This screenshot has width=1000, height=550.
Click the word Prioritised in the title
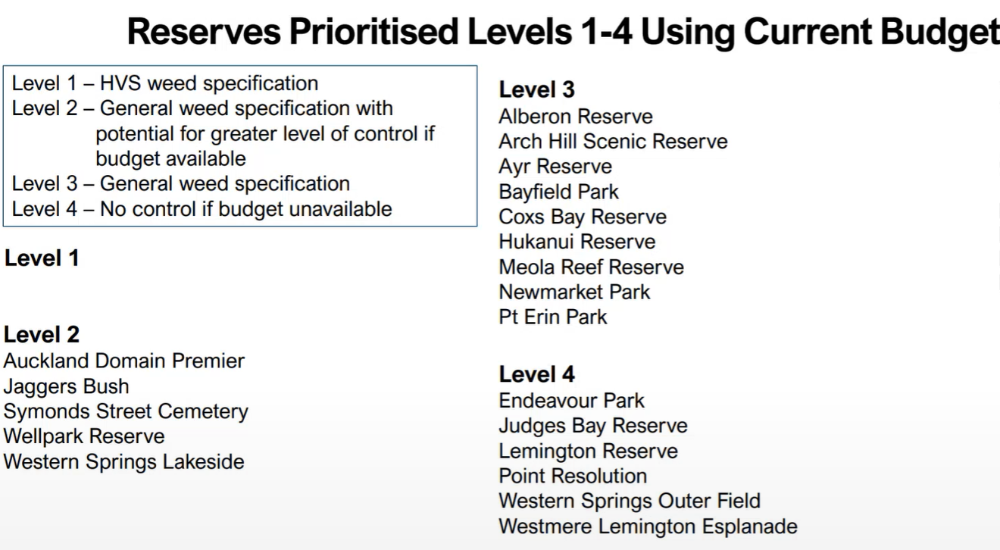(x=373, y=32)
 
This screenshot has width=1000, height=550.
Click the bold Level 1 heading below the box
(x=42, y=258)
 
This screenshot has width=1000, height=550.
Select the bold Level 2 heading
(x=42, y=334)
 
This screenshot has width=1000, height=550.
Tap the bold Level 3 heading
(x=536, y=89)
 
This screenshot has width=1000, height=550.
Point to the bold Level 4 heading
(x=536, y=374)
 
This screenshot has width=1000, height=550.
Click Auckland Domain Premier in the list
(x=124, y=361)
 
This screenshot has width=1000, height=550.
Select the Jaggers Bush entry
(x=66, y=386)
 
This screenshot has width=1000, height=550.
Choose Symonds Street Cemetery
(x=126, y=411)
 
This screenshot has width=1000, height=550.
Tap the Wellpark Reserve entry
(x=84, y=436)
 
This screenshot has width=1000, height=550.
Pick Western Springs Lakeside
(x=124, y=462)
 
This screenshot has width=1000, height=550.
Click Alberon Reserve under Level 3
(x=576, y=117)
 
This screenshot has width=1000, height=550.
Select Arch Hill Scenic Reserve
(x=614, y=142)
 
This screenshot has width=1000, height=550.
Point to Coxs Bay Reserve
(x=583, y=217)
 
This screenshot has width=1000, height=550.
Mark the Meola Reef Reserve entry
(x=592, y=267)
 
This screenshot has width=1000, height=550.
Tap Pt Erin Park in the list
(x=553, y=317)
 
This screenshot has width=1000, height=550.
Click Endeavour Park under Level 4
(x=572, y=401)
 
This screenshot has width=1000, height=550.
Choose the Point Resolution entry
(x=573, y=476)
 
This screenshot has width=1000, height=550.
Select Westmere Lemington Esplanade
(x=648, y=527)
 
